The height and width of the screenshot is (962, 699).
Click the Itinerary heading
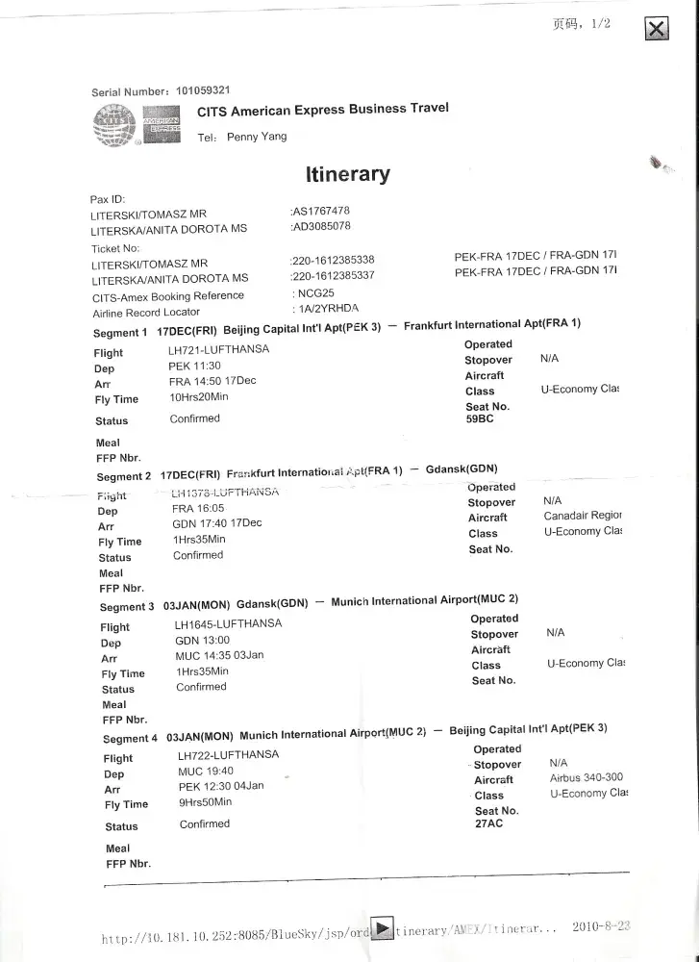click(x=347, y=174)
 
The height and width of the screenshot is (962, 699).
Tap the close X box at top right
click(x=656, y=29)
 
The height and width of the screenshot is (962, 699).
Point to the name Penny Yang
click(x=257, y=138)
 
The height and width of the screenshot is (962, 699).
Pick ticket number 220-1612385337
click(x=333, y=276)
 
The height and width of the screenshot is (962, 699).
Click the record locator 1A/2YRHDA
click(x=326, y=309)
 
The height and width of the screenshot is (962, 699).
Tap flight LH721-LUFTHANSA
click(x=218, y=349)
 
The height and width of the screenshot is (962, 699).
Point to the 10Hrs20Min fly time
click(x=199, y=397)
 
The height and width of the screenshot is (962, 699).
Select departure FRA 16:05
click(x=198, y=508)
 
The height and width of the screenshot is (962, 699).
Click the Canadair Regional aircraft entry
click(x=583, y=516)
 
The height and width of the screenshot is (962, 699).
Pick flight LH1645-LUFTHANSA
click(x=228, y=623)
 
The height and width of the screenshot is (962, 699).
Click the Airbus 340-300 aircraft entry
click(x=587, y=777)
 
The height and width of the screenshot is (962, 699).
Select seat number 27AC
click(x=489, y=823)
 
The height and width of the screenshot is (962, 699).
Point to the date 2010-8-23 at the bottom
click(x=601, y=927)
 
